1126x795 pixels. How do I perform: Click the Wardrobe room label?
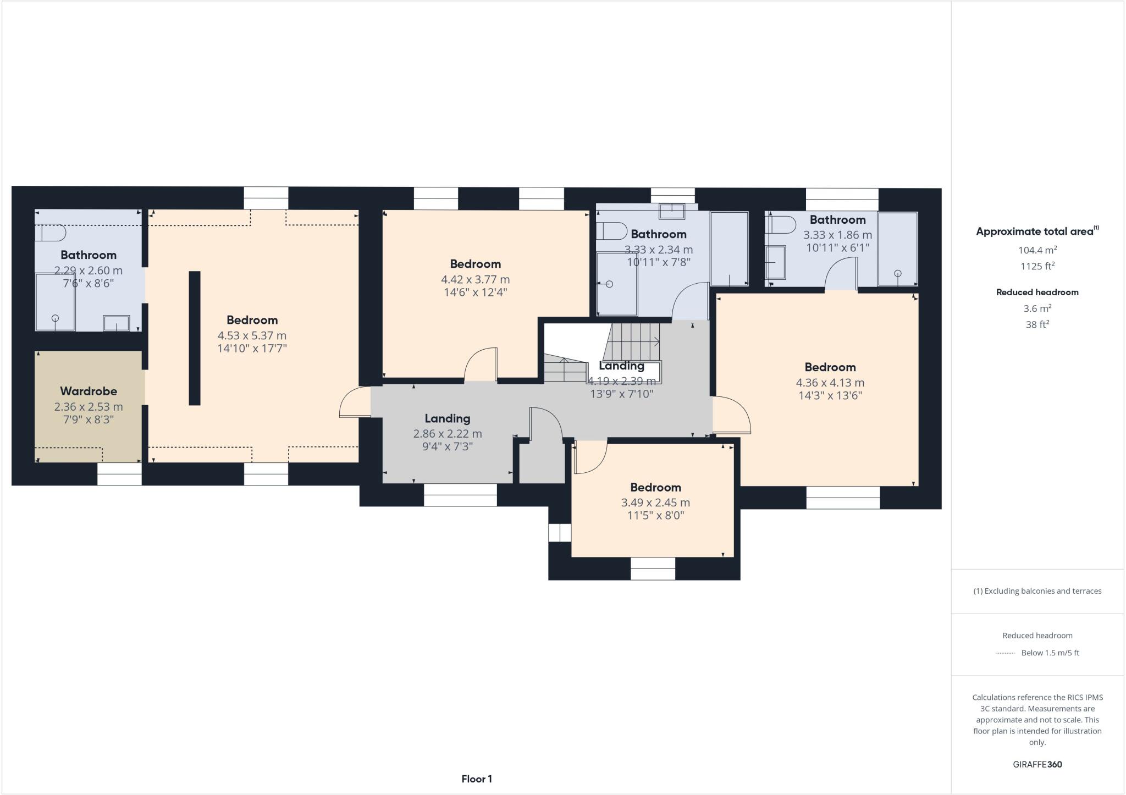89,391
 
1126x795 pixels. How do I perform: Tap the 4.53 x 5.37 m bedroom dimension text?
252,335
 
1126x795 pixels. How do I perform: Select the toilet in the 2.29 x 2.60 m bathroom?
50,233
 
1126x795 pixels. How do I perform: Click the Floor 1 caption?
477,779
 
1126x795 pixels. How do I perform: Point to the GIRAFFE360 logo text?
1037,764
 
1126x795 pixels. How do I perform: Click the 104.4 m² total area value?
1037,250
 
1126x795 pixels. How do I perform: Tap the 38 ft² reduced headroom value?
1037,324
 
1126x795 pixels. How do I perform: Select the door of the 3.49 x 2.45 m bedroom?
589,458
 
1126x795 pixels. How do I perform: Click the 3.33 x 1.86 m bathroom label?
837,220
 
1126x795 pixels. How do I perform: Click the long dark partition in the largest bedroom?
195,338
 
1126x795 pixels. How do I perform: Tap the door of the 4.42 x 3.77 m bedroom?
481,364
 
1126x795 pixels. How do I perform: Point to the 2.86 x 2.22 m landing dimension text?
448,434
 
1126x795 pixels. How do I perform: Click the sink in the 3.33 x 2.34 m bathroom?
671,211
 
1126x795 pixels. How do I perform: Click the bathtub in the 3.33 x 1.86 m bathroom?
897,249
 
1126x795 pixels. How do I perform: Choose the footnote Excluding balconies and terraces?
1037,591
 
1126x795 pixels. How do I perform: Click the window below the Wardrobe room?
119,474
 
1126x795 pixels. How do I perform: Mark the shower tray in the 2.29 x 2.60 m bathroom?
55,302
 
